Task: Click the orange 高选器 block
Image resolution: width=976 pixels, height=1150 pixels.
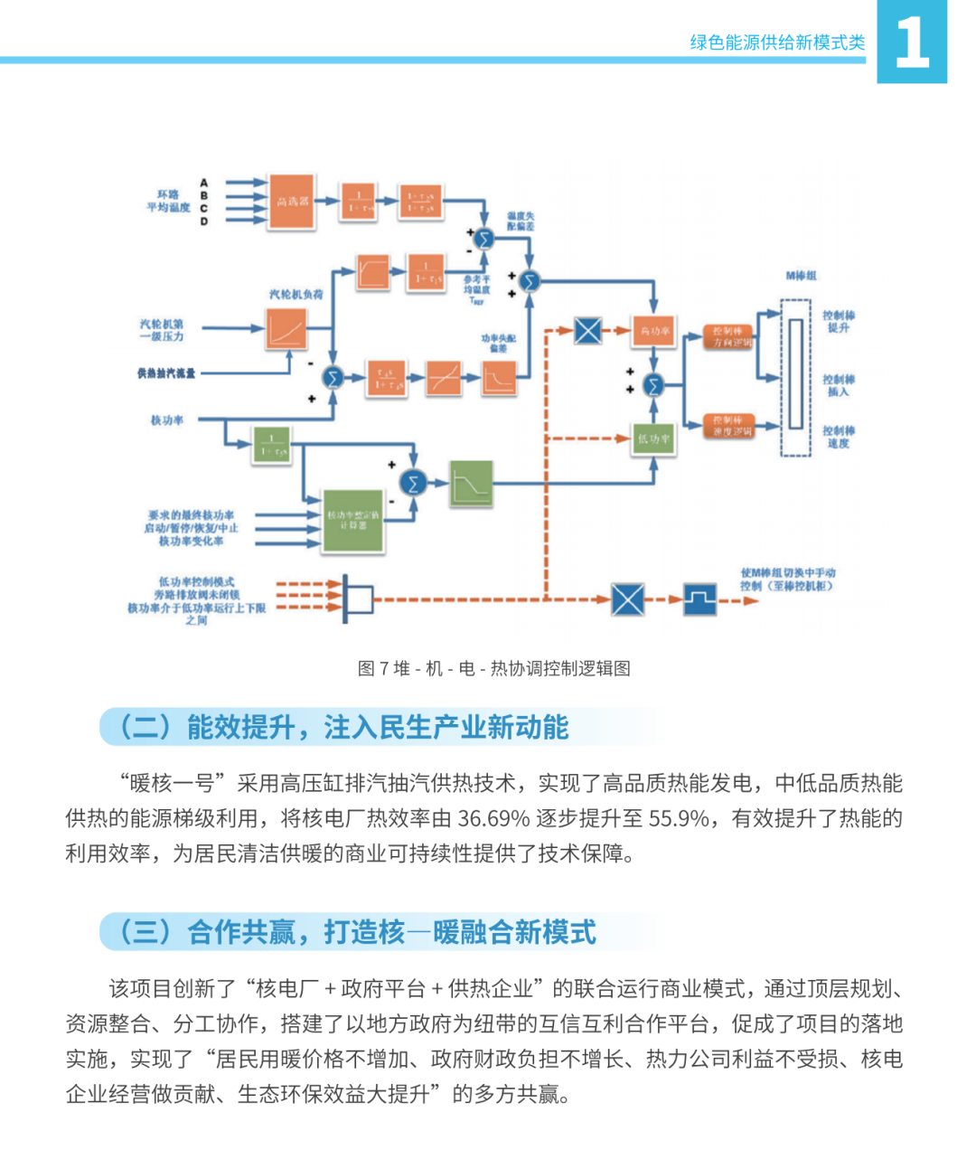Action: coord(291,202)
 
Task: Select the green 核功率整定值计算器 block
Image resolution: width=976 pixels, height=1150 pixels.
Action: coord(353,520)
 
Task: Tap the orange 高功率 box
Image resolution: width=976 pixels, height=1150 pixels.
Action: coord(654,331)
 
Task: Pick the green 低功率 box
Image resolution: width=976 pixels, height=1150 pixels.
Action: coord(653,439)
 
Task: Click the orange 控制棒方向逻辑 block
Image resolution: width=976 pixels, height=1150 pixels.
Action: coord(728,336)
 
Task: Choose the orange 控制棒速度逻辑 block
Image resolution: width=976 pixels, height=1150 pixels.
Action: coord(728,425)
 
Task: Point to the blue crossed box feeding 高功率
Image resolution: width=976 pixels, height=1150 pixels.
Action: coord(587,330)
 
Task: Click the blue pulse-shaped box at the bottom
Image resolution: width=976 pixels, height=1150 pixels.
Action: coord(699,599)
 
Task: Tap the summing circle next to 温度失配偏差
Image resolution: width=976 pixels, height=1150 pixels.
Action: coord(484,239)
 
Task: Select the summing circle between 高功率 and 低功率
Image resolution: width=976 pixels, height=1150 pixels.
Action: coord(652,385)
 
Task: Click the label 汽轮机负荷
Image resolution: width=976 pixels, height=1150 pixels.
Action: coord(296,295)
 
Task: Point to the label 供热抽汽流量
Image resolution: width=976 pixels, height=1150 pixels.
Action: coord(166,372)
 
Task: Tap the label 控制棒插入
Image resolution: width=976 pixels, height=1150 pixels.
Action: coord(838,386)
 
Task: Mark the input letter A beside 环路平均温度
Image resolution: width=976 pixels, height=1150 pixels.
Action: coord(205,184)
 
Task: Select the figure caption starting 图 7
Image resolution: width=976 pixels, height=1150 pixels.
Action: coord(494,669)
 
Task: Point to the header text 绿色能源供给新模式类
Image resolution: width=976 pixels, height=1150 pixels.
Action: coord(777,42)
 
